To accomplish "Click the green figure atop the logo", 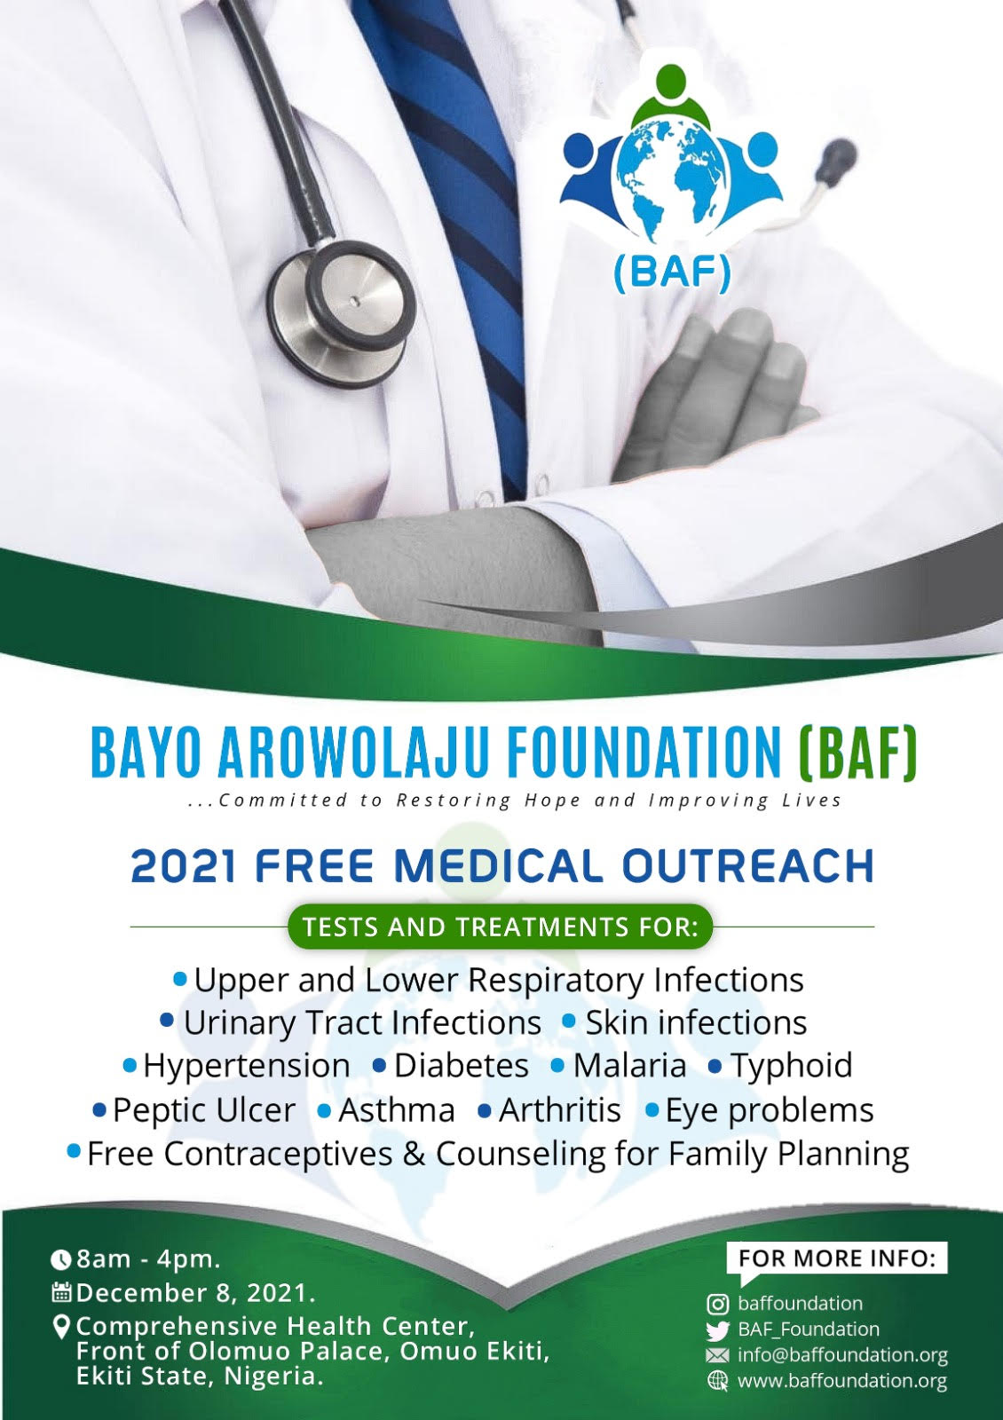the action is pyautogui.click(x=671, y=94).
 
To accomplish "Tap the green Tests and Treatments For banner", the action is pyautogui.click(x=501, y=927).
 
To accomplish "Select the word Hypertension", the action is pyautogui.click(x=247, y=1065).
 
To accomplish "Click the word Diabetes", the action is pyautogui.click(x=461, y=1065).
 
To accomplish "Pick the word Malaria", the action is pyautogui.click(x=629, y=1065).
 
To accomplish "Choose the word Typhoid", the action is pyautogui.click(x=792, y=1066).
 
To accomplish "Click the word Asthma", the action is pyautogui.click(x=396, y=1110).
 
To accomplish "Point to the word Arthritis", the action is pyautogui.click(x=560, y=1110).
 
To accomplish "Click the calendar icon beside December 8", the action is pyautogui.click(x=61, y=1292).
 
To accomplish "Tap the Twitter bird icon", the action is pyautogui.click(x=718, y=1330).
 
